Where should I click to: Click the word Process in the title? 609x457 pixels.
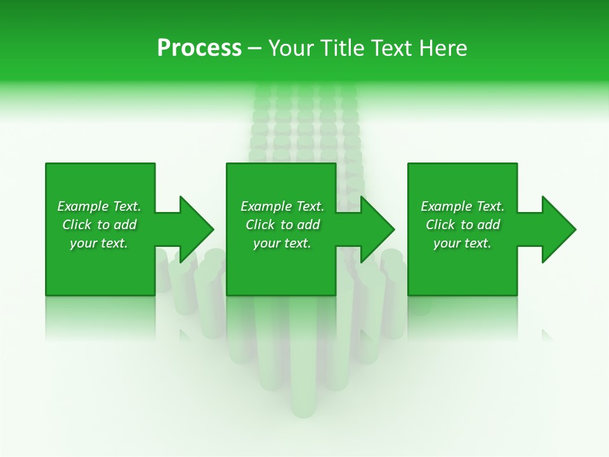coord(199,48)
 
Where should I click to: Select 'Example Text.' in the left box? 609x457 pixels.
coord(99,206)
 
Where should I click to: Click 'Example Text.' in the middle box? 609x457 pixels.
coord(282,206)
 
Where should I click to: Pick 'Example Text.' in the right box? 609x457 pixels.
coord(462,206)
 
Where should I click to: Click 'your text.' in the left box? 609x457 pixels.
coord(99,243)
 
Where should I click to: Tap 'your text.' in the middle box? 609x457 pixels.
coord(282,243)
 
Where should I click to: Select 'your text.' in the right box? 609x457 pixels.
coord(462,243)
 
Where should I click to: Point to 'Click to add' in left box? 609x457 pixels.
coord(99,225)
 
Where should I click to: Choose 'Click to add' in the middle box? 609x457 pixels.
coord(282,225)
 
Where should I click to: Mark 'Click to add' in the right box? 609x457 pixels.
coord(462,225)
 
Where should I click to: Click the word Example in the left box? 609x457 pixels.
coord(83,206)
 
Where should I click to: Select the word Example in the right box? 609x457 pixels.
coord(447,206)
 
